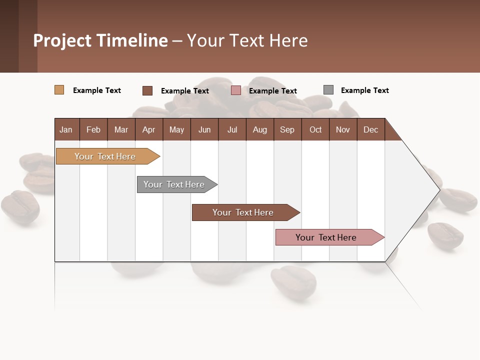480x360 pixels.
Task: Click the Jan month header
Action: pyautogui.click(x=66, y=129)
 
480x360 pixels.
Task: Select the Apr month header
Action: pyautogui.click(x=148, y=129)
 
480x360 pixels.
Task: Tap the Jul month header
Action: pyautogui.click(x=232, y=129)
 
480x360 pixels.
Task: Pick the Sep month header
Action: pyautogui.click(x=287, y=129)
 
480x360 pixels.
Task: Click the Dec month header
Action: pyautogui.click(x=370, y=129)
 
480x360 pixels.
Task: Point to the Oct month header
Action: pyautogui.click(x=315, y=129)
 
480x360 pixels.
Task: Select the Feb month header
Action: pyautogui.click(x=93, y=129)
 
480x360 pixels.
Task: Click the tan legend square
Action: pyautogui.click(x=59, y=90)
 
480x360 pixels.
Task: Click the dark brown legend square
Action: pyautogui.click(x=147, y=90)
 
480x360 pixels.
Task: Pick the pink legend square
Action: pyautogui.click(x=236, y=90)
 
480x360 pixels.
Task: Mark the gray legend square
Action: pyautogui.click(x=328, y=90)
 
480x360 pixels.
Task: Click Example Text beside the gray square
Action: pyautogui.click(x=364, y=90)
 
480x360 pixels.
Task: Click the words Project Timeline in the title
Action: pyautogui.click(x=100, y=40)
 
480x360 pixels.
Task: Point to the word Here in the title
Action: pyautogui.click(x=288, y=40)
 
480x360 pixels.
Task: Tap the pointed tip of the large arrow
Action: pyautogui.click(x=438, y=189)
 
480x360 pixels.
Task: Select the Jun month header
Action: pyautogui.click(x=204, y=129)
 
